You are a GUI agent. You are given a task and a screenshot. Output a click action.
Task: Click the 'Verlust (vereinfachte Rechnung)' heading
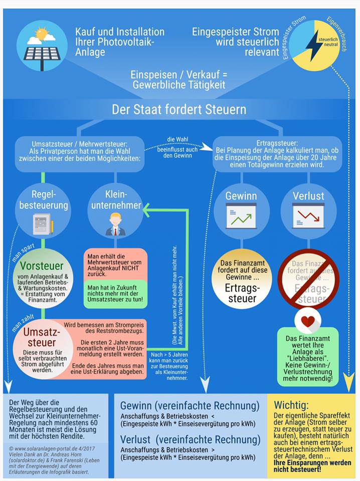[190, 440]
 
